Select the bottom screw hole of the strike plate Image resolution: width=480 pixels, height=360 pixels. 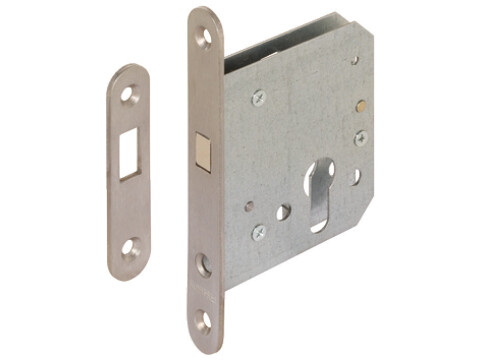pos(130,246)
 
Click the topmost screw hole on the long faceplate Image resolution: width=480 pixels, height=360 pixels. pos(205,37)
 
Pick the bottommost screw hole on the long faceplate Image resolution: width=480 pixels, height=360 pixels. pos(205,322)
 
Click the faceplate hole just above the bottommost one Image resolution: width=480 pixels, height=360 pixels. pos(204,265)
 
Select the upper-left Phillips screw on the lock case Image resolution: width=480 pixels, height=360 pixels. pos(259,98)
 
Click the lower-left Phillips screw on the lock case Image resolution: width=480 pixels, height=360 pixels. pos(259,232)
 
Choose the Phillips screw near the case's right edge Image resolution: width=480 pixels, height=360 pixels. pos(360,138)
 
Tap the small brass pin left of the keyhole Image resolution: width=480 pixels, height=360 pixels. pos(249,207)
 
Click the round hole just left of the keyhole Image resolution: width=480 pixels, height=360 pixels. pos(284,212)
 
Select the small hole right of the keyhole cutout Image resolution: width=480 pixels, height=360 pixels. pos(355,176)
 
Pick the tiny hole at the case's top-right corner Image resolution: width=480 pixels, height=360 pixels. pos(354,61)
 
